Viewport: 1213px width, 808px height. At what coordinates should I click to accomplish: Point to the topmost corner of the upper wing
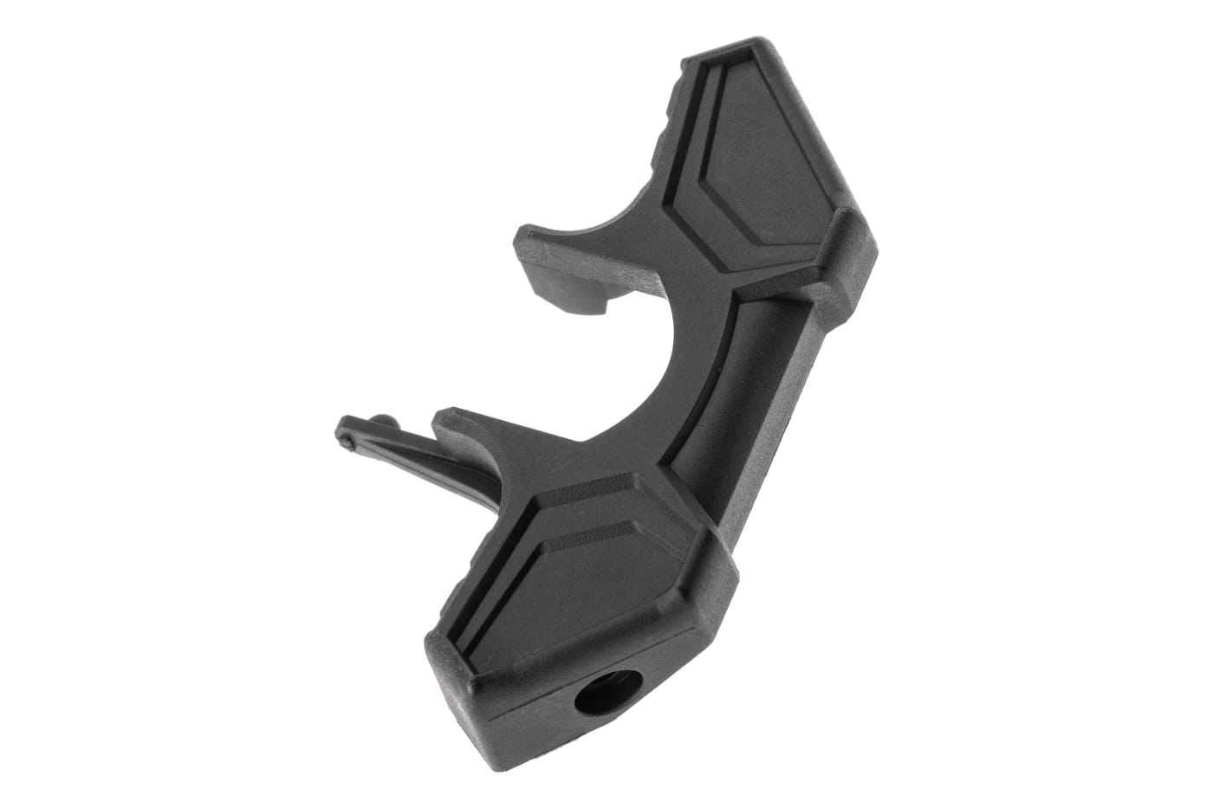(x=762, y=43)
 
